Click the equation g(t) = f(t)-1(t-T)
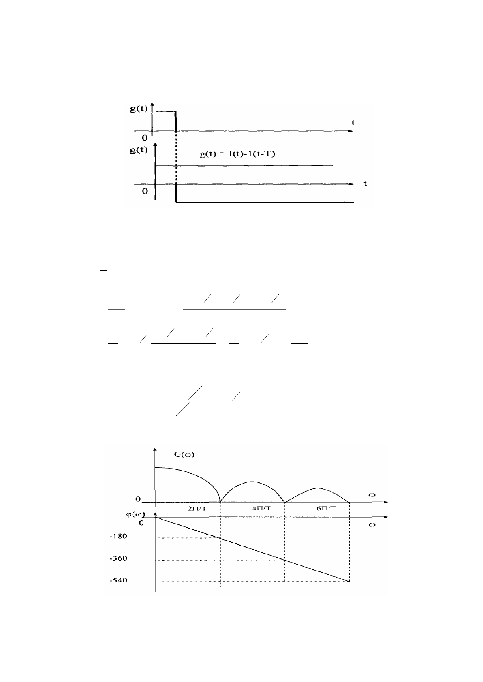[x=237, y=154]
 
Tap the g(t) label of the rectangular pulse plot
[x=139, y=109]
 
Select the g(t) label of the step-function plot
[x=139, y=150]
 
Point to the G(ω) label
[x=184, y=454]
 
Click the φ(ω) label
[x=136, y=515]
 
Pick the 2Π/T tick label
[x=197, y=508]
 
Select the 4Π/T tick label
[x=262, y=508]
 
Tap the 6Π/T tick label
[x=326, y=508]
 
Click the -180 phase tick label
[x=118, y=536]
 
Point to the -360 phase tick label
[x=118, y=558]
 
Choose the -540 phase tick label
[x=118, y=580]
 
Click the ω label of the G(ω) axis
[x=372, y=495]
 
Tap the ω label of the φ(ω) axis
[x=372, y=525]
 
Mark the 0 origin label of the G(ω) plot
[x=138, y=499]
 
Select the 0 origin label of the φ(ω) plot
[x=141, y=523]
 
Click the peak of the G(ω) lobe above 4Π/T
[x=252, y=482]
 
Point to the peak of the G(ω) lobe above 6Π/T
[x=317, y=488]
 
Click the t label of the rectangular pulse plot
[x=353, y=122]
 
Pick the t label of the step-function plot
[x=365, y=184]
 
